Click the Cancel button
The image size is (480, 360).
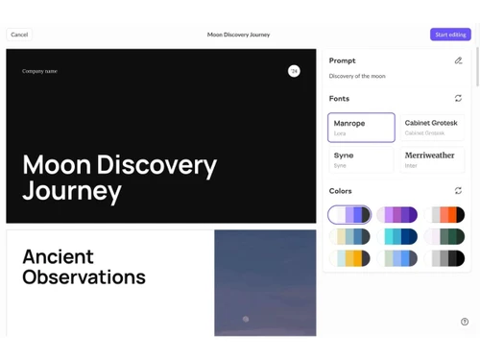pyautogui.click(x=19, y=35)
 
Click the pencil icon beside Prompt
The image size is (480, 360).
pyautogui.click(x=458, y=60)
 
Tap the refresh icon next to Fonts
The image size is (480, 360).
pyautogui.click(x=458, y=98)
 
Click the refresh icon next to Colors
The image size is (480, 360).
pyautogui.click(x=458, y=191)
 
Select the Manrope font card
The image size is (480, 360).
pyautogui.click(x=361, y=127)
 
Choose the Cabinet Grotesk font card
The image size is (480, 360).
pyautogui.click(x=432, y=127)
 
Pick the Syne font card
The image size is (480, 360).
pyautogui.click(x=361, y=159)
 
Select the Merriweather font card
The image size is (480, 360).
pyautogui.click(x=432, y=159)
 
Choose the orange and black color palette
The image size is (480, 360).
pyautogui.click(x=447, y=215)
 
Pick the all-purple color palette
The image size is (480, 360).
pyautogui.click(x=397, y=215)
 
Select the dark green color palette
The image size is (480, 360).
pyautogui.click(x=447, y=236)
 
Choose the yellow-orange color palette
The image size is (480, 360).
pyautogui.click(x=349, y=258)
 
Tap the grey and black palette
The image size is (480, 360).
pyautogui.click(x=447, y=258)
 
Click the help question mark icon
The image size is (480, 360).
pyautogui.click(x=465, y=322)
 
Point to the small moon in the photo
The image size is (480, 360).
pyautogui.click(x=247, y=319)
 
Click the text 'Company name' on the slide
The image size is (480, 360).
pyautogui.click(x=39, y=71)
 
